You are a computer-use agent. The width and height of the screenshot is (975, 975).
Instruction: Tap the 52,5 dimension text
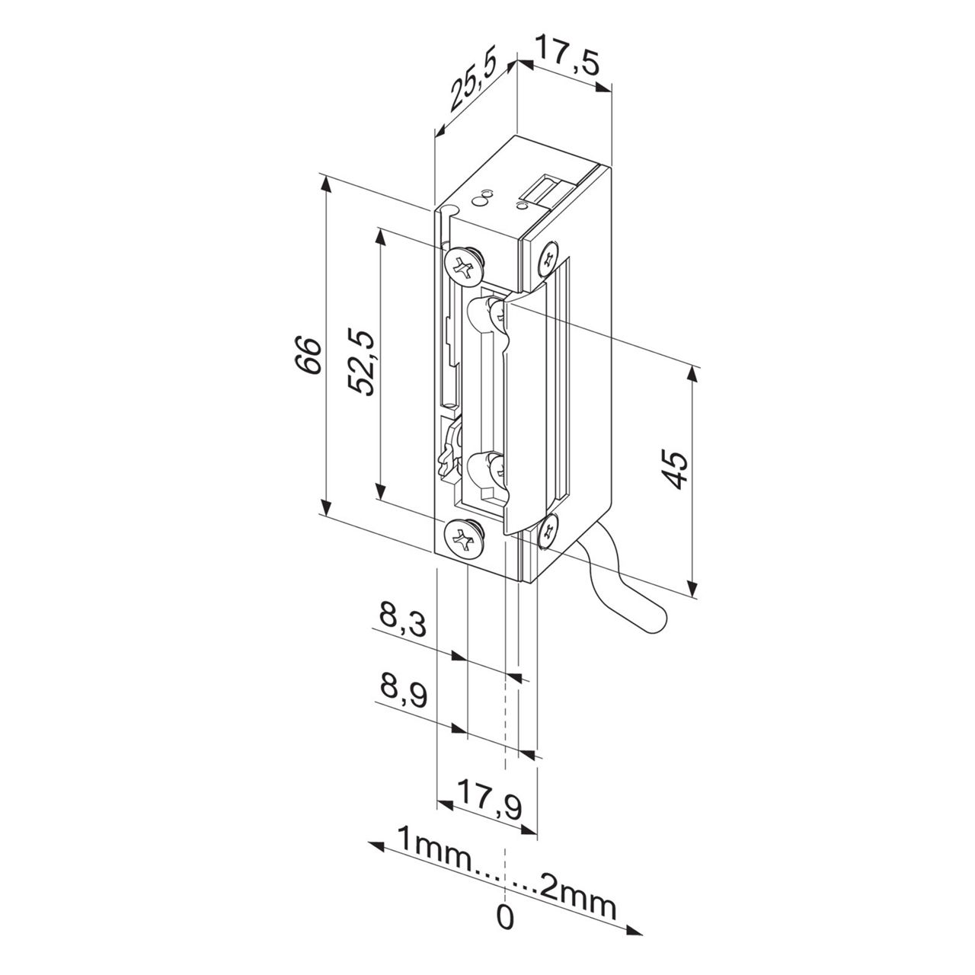click(362, 361)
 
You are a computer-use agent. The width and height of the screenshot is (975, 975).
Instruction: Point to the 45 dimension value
click(675, 470)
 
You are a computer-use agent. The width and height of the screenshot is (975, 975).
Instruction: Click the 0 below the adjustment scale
click(505, 917)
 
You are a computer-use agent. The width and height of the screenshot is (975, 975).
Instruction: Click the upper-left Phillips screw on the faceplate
click(463, 265)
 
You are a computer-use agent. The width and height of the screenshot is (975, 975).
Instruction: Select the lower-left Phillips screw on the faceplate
click(463, 539)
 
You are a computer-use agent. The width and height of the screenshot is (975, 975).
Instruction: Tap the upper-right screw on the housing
click(549, 259)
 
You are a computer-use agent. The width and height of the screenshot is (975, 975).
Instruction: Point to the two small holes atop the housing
click(481, 199)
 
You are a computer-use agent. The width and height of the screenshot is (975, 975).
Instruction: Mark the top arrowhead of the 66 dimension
click(326, 181)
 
